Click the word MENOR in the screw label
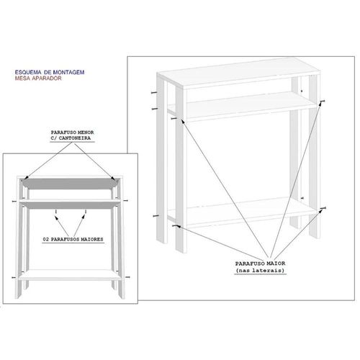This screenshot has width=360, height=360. [x=86, y=132]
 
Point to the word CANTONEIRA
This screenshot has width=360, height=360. [x=75, y=138]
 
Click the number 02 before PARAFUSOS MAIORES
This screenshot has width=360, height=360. [x=45, y=239]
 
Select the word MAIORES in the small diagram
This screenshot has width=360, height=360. [x=91, y=239]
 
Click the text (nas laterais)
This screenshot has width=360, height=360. [x=260, y=271]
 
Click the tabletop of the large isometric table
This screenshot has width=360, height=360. [x=239, y=73]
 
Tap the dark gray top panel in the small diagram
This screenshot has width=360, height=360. [x=70, y=184]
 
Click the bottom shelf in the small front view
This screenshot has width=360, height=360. [x=69, y=275]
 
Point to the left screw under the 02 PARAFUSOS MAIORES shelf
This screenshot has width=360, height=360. [x=56, y=212]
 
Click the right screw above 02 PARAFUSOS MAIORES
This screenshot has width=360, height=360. [x=86, y=212]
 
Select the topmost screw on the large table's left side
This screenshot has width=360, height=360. [x=154, y=93]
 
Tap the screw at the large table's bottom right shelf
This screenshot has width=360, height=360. [x=323, y=208]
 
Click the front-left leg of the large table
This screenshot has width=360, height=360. [x=181, y=170]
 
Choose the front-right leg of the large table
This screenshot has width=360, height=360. [x=315, y=157]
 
